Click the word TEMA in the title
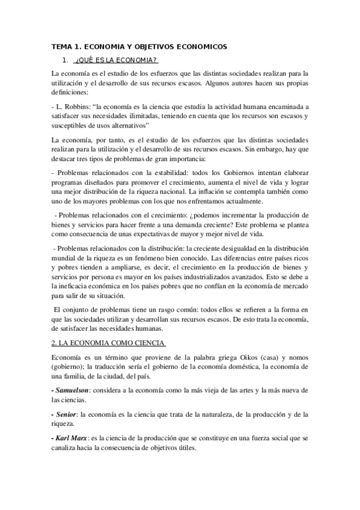click(x=61, y=46)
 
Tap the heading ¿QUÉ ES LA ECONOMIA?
click(x=116, y=60)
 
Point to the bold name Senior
click(x=65, y=414)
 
